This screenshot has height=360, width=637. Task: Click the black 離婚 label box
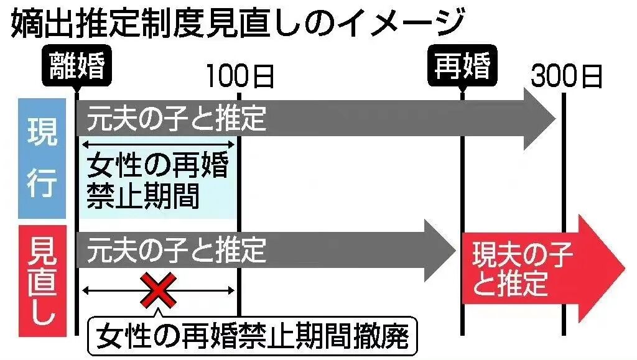pos(76,67)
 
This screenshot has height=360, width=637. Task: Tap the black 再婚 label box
pos(462,67)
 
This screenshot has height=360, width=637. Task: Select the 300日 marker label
pos(565,77)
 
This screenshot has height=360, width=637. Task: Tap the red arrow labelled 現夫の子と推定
pos(535,269)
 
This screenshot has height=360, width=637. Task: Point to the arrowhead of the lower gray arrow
pos(439,250)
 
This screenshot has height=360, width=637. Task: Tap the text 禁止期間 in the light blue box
pos(142,198)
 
